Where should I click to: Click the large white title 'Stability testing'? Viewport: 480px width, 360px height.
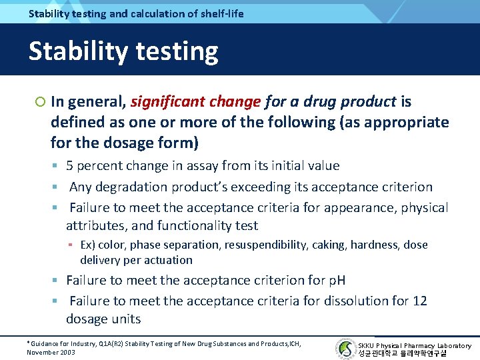point(123,51)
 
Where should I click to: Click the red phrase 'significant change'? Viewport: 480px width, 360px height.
point(195,102)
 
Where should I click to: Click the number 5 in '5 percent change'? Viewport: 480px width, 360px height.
point(70,166)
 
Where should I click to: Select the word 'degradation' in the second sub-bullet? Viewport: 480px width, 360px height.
point(130,187)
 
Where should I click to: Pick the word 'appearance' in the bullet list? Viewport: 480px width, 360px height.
point(361,208)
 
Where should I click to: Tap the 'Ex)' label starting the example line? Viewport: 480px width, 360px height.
point(88,245)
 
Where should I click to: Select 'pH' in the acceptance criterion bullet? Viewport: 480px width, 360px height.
point(336,280)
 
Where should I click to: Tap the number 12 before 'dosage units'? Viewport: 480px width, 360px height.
point(419,301)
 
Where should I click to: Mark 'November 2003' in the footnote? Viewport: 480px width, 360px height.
point(51,352)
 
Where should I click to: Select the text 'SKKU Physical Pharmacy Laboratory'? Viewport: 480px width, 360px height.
point(415,345)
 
